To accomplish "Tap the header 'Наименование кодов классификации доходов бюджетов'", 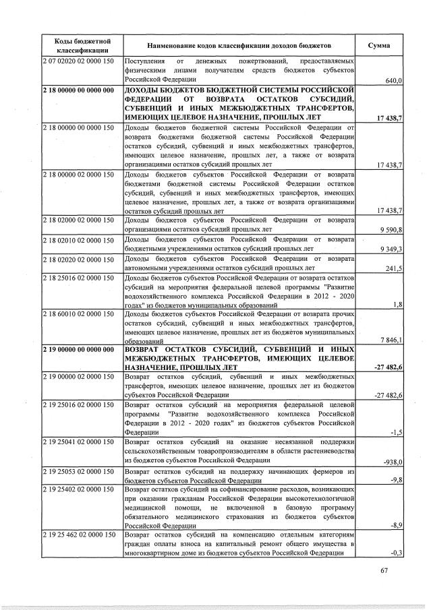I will [x=240, y=44].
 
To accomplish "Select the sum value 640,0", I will [x=393, y=81].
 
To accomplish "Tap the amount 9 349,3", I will [x=391, y=249].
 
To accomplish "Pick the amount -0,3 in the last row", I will [x=397, y=553].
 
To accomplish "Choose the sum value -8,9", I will [x=396, y=524].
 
